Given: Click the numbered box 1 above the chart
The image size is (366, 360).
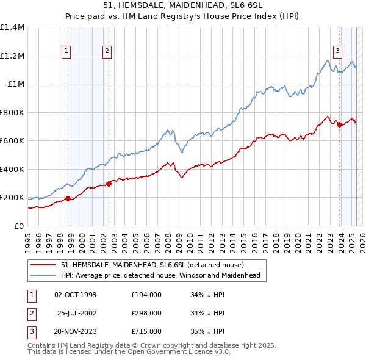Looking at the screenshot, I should click(x=66, y=52).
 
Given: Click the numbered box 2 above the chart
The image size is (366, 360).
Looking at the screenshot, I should click(x=107, y=52).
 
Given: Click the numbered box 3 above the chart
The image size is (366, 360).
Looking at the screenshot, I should click(x=337, y=52).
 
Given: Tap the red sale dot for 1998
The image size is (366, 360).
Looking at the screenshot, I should click(x=68, y=198).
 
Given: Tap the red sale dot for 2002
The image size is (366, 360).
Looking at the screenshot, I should click(x=109, y=183).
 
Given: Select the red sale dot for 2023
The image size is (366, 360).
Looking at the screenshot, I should click(x=339, y=124).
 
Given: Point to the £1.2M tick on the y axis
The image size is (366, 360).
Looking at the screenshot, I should click(x=13, y=56).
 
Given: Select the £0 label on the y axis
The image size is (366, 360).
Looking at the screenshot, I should click(x=18, y=226).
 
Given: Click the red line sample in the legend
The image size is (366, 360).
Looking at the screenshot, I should click(x=45, y=265).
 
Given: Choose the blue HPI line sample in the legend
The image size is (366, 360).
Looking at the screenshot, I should click(x=45, y=275).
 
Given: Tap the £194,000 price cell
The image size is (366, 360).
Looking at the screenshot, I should click(x=146, y=295).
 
